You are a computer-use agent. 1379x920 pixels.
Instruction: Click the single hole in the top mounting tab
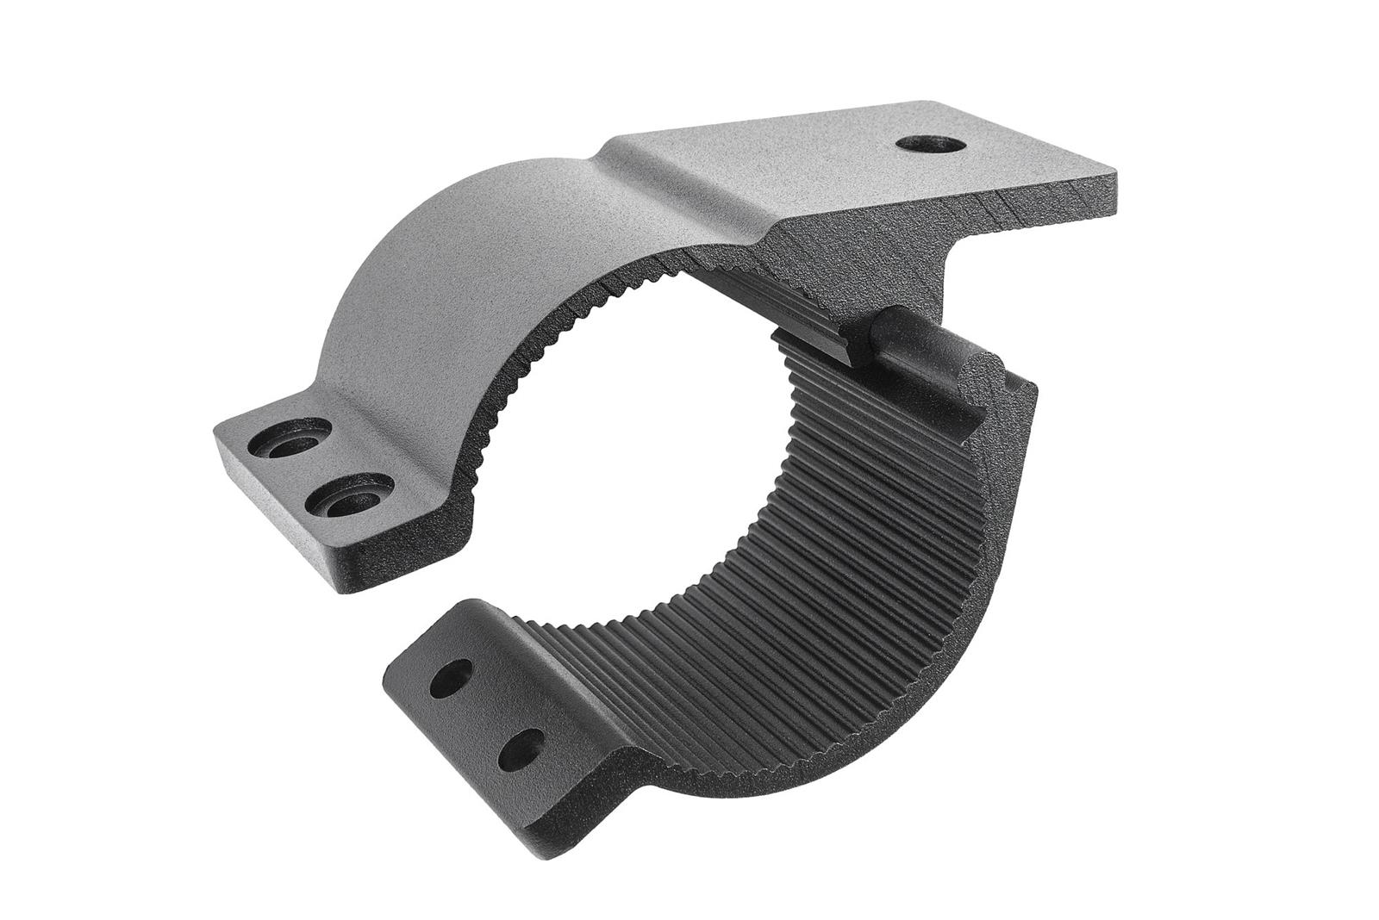click(929, 144)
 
